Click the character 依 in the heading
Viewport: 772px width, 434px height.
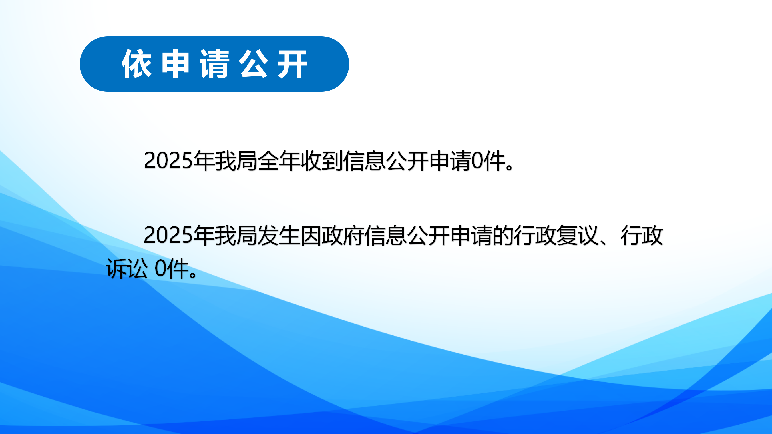click(x=137, y=64)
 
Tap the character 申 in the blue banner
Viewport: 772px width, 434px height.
click(x=175, y=64)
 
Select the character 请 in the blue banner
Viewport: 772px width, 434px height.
click(x=214, y=64)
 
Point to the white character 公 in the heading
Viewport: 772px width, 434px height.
click(x=253, y=64)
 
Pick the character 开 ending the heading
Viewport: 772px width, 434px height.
click(x=292, y=64)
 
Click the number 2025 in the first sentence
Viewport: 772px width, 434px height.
click(x=168, y=161)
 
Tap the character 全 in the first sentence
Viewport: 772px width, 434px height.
click(x=268, y=161)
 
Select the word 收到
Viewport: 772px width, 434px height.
click(x=322, y=161)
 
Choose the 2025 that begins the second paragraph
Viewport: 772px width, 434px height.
click(x=168, y=235)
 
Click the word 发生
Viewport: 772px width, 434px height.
click(x=279, y=235)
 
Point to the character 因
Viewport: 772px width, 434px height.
click(x=311, y=235)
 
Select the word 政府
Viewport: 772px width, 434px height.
click(x=343, y=235)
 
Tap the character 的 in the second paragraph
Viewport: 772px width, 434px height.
click(x=503, y=235)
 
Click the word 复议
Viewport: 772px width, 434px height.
click(x=578, y=235)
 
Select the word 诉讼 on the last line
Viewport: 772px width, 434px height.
click(x=127, y=268)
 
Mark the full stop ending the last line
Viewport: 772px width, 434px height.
click(x=193, y=274)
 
